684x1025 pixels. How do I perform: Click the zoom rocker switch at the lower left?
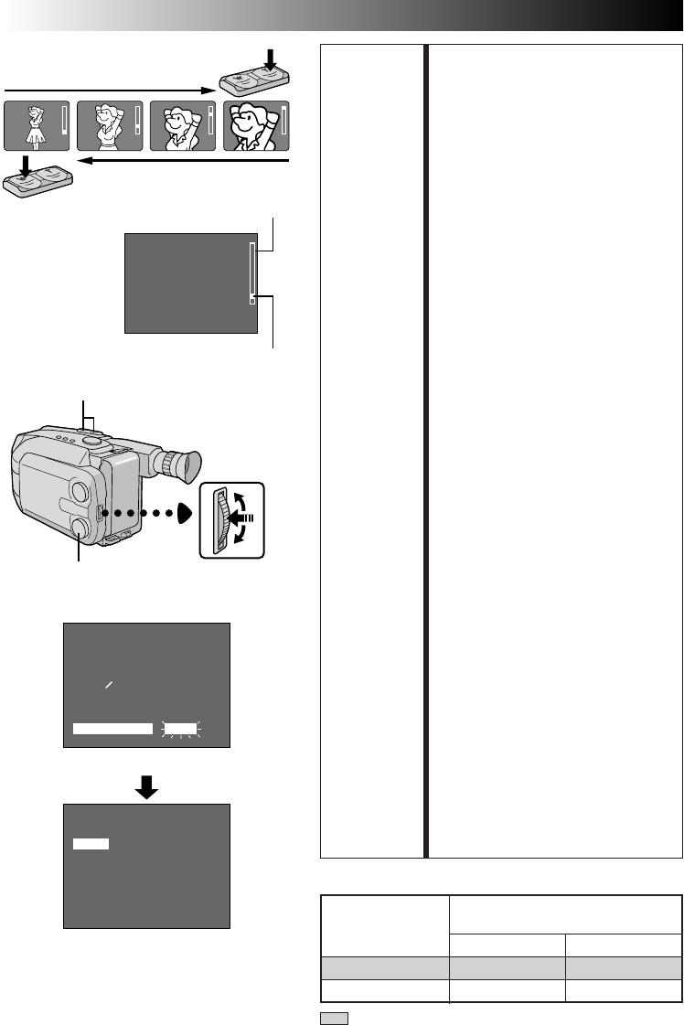click(37, 178)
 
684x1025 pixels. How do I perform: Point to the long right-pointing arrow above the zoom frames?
click(110, 90)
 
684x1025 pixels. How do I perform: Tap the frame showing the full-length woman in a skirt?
click(37, 125)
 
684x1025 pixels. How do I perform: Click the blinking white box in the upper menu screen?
click(180, 728)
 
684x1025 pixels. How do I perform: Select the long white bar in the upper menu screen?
click(112, 728)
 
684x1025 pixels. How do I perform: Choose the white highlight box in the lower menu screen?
click(91, 843)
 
